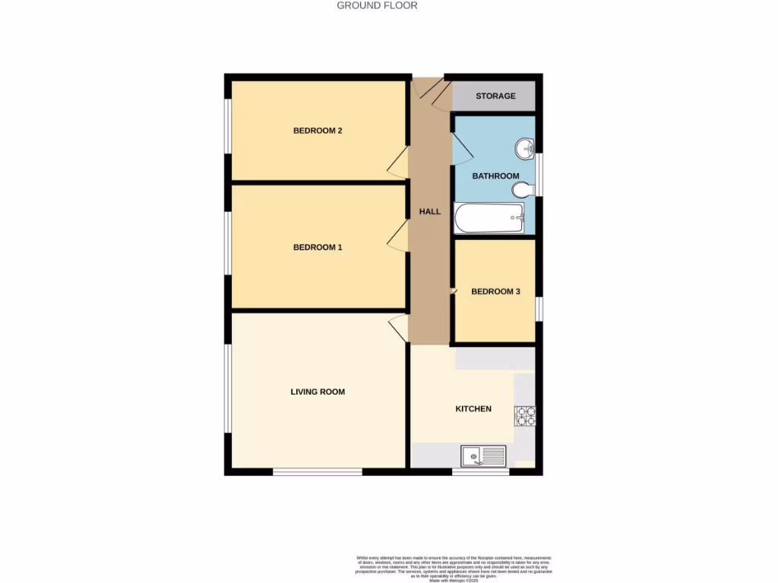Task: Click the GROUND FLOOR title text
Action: click(377, 5)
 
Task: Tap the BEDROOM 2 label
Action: click(318, 131)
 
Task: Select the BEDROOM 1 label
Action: click(318, 247)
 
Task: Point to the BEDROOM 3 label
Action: click(495, 291)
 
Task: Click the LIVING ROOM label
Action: click(318, 392)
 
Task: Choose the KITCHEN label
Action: click(473, 409)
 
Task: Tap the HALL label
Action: click(430, 212)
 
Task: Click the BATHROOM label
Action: click(495, 176)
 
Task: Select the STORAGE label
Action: click(495, 96)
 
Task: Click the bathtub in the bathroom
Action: click(489, 219)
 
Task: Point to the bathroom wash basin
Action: click(523, 149)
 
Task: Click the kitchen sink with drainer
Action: click(483, 456)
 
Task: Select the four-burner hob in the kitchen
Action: click(525, 415)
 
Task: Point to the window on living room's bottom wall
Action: click(318, 472)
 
